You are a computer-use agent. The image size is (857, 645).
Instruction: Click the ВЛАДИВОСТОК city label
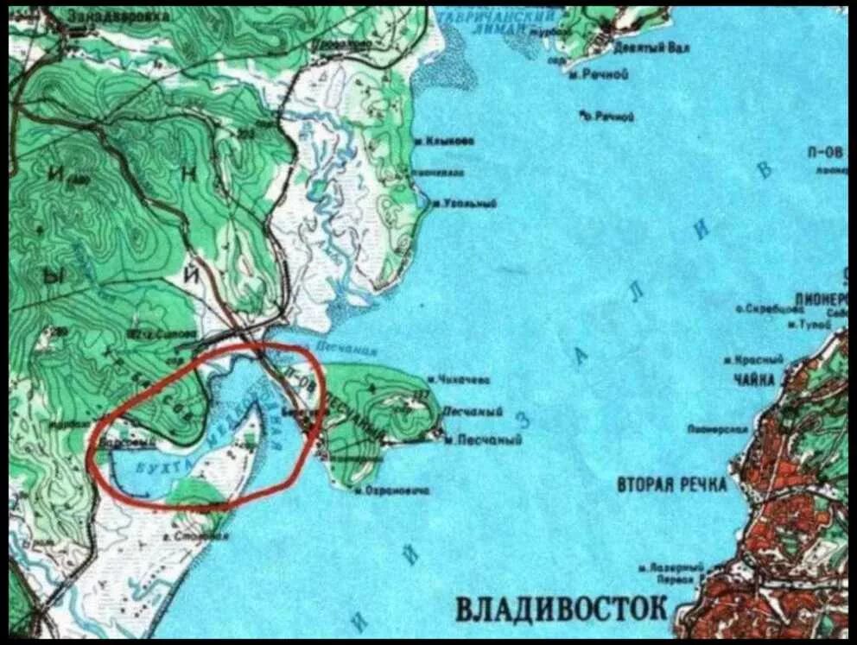(561, 607)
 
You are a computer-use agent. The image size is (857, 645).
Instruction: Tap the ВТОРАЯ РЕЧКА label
(671, 484)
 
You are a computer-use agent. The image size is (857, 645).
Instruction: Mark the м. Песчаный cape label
(483, 439)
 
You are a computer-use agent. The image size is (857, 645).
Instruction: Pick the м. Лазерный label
(670, 567)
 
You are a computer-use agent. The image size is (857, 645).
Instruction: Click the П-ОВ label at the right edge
(825, 151)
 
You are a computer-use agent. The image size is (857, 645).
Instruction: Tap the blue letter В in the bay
(764, 168)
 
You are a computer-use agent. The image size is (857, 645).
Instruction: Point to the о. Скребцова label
(759, 307)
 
